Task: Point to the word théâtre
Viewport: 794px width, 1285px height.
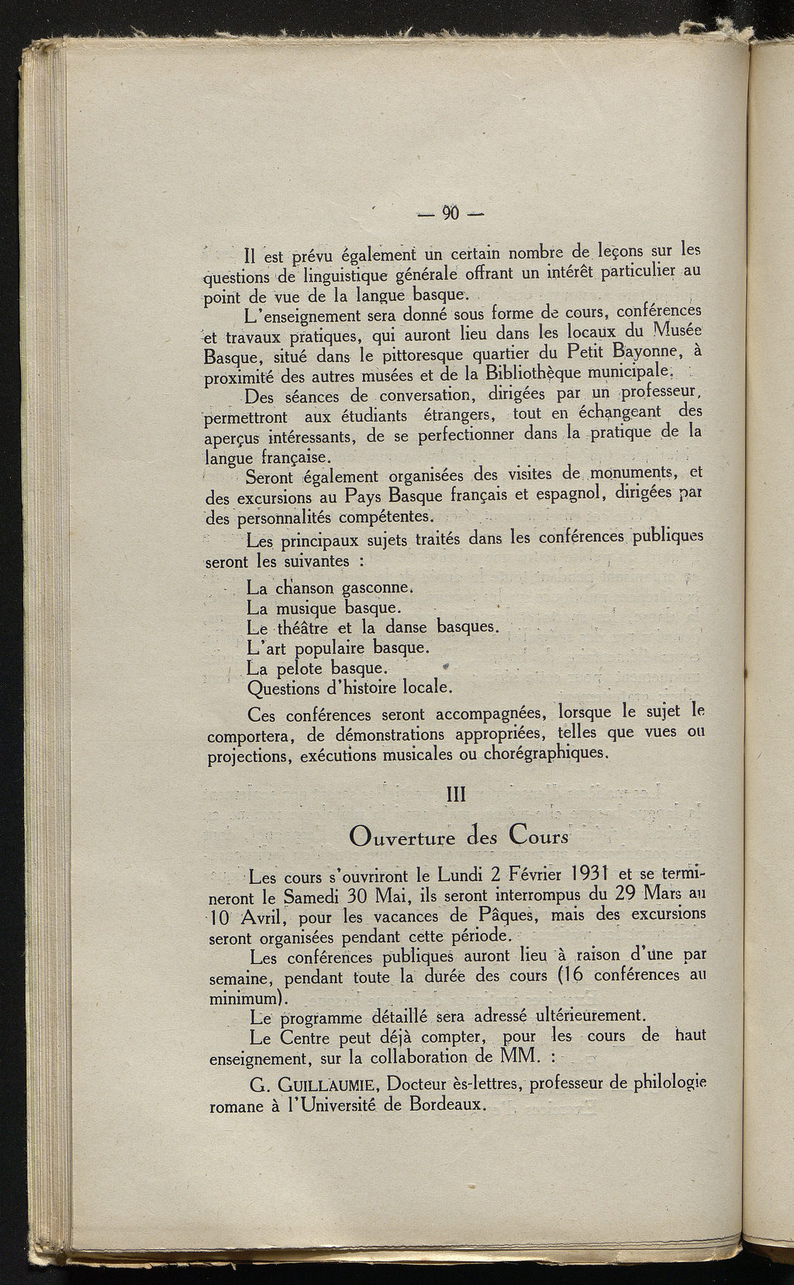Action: click(298, 627)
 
